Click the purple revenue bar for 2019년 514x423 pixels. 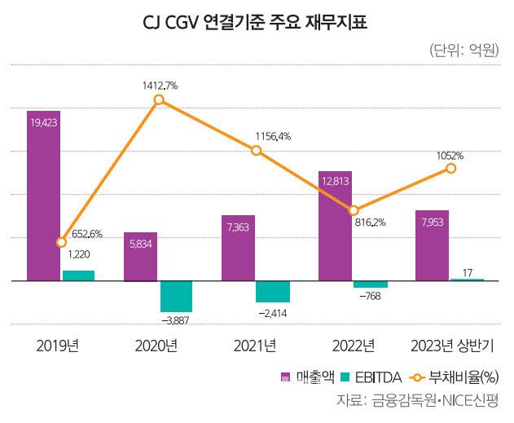(43, 196)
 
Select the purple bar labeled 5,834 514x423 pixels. (141, 257)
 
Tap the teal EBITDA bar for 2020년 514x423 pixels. (176, 296)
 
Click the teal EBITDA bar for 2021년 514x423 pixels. (272, 291)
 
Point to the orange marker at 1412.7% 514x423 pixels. (159, 100)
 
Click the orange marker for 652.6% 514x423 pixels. (61, 242)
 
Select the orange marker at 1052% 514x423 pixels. (450, 168)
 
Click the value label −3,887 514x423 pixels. (176, 320)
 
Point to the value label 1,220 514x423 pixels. (78, 254)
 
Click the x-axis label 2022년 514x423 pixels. (353, 345)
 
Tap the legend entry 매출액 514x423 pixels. (303, 377)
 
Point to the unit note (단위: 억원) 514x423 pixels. (463, 51)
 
